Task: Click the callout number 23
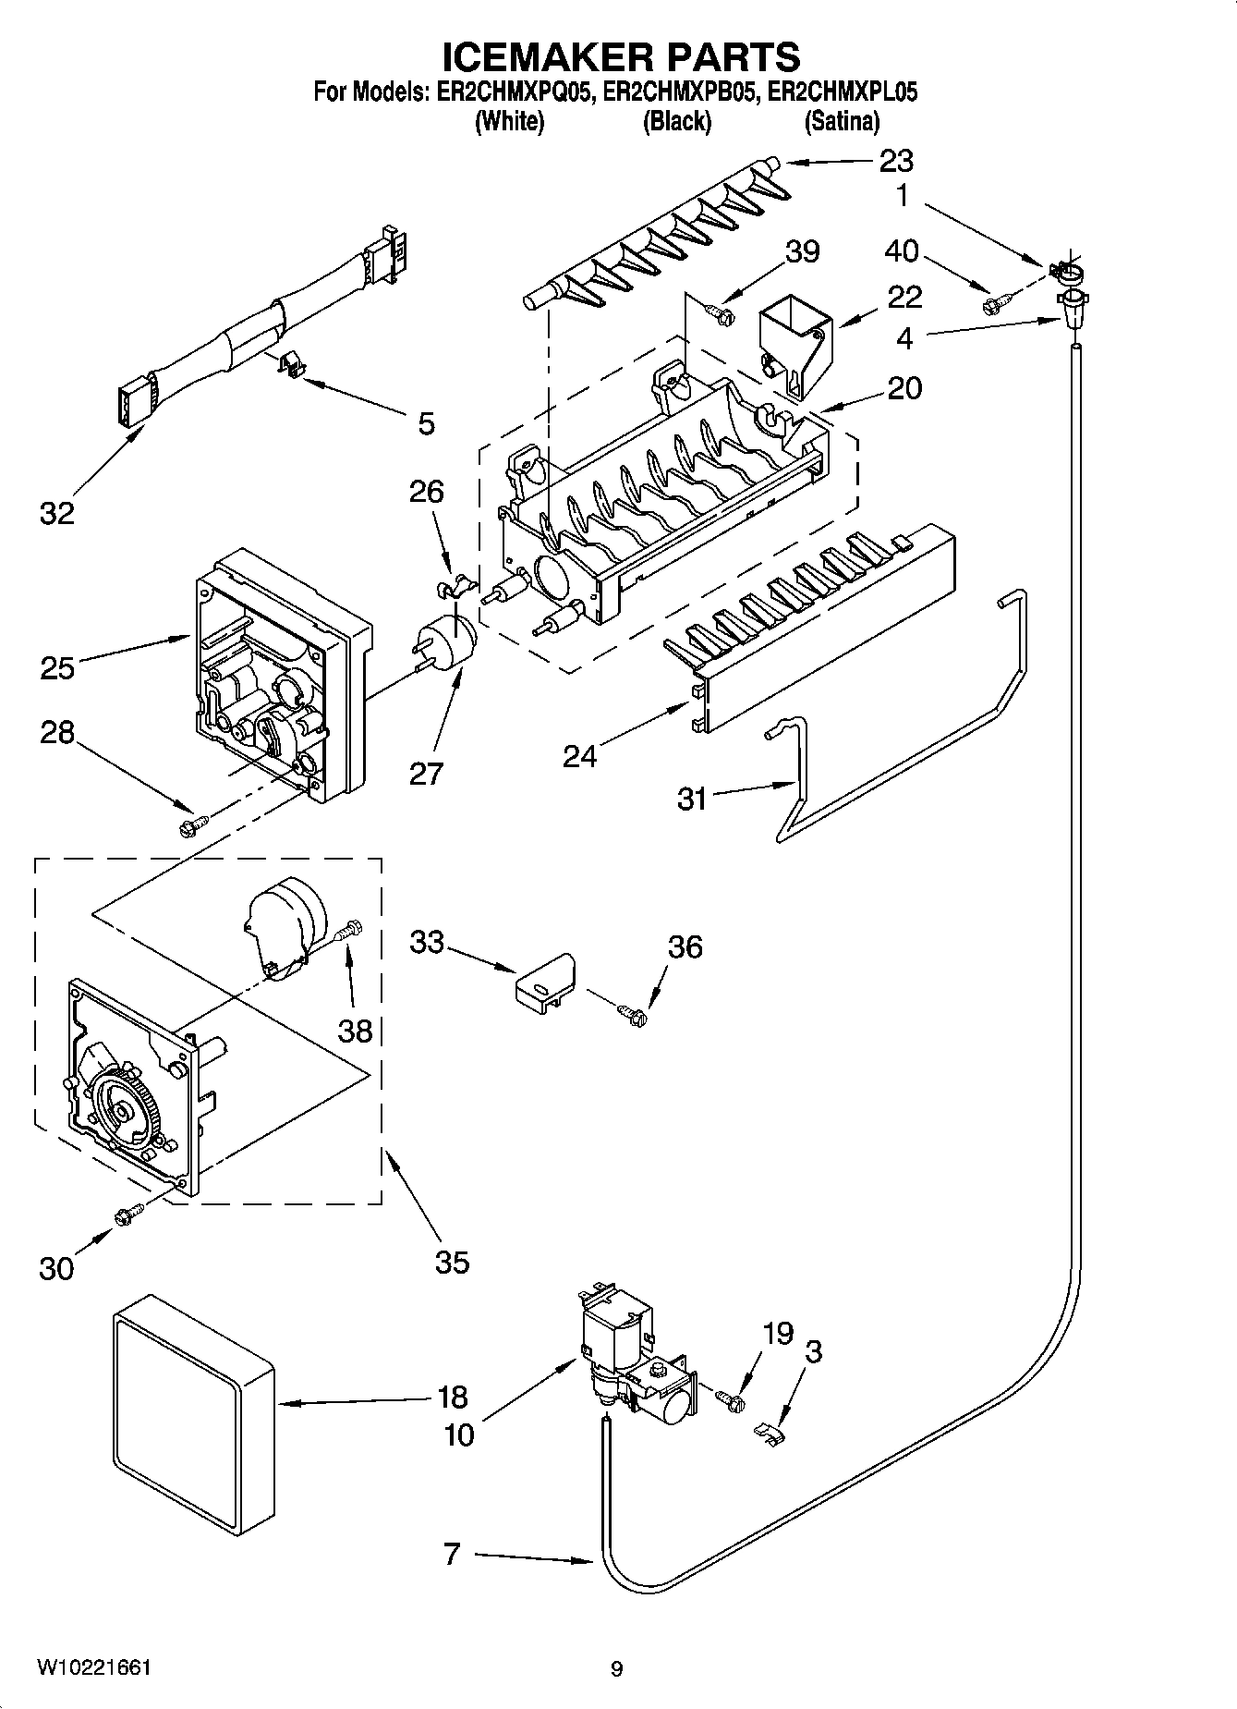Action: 895,161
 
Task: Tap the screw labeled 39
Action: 721,314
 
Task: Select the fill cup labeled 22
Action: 793,347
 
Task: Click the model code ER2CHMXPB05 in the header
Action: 677,92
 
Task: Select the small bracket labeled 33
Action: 544,983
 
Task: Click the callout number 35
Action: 452,1262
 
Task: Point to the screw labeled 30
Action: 127,1215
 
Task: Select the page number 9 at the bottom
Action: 616,1669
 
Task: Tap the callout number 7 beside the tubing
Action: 451,1556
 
